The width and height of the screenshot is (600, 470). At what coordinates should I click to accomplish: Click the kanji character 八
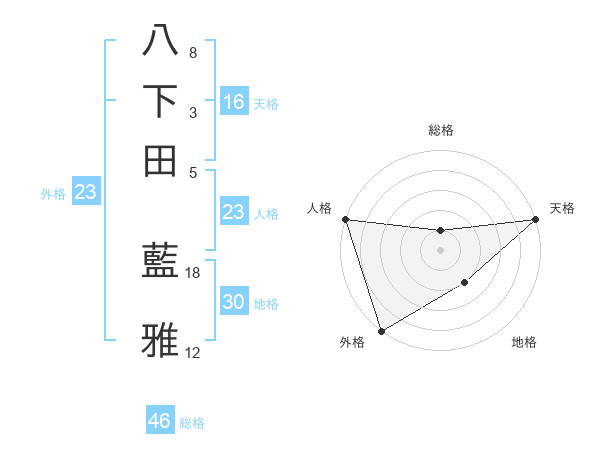(161, 41)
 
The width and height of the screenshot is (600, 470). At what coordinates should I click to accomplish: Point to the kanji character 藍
(161, 263)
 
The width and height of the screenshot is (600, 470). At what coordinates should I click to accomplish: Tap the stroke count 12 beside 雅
(193, 352)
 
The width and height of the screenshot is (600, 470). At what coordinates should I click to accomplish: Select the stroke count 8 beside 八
(192, 52)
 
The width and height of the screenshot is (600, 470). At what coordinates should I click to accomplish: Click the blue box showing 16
(234, 101)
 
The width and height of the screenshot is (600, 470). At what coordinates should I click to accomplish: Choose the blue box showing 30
(234, 302)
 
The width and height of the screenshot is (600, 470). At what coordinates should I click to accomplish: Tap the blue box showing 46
(160, 421)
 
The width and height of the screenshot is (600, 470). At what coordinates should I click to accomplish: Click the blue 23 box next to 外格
(85, 193)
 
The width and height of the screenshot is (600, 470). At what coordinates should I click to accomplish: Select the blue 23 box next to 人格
(234, 212)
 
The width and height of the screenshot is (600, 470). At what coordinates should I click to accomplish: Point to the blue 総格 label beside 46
(192, 423)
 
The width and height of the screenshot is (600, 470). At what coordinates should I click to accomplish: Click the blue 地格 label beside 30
(266, 304)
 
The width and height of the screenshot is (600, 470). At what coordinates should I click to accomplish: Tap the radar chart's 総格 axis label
(440, 130)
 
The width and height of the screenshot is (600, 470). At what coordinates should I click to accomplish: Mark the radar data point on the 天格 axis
(535, 219)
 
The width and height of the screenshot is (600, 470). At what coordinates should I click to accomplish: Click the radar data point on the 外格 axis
(381, 330)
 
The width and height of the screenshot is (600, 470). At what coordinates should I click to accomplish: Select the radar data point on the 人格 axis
(345, 219)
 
